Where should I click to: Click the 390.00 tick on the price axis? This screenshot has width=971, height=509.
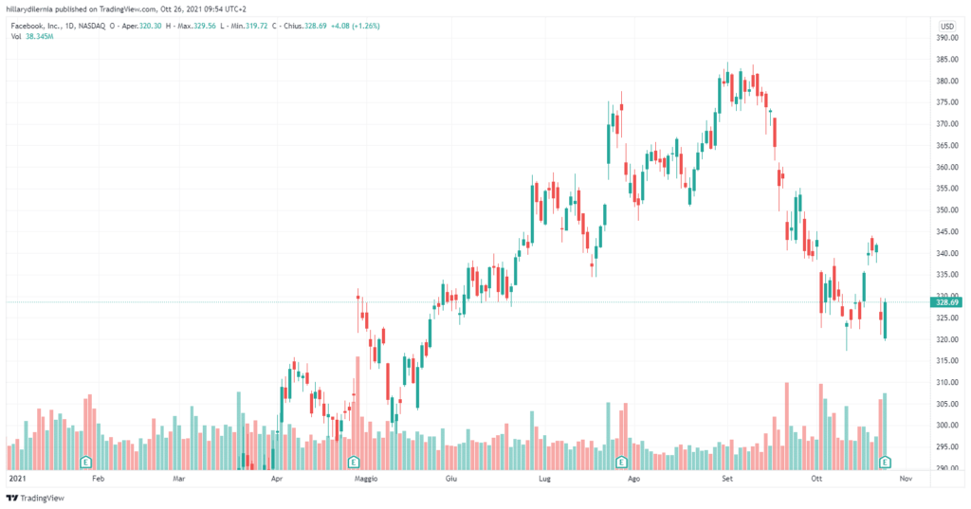point(944,38)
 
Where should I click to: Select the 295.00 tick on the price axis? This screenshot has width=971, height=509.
point(944,447)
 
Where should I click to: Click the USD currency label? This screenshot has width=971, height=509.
point(946,26)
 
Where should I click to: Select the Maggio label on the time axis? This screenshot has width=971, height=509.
point(366,480)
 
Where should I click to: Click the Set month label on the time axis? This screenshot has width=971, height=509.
point(727,480)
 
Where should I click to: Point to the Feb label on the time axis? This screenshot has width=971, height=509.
point(98,480)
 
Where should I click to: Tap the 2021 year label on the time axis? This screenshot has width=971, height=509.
point(17,480)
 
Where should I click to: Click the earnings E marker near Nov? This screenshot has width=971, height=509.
point(886,462)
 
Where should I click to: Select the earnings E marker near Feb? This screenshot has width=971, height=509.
point(86,462)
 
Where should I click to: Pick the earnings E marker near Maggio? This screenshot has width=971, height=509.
point(354,462)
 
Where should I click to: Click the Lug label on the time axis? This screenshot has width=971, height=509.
point(543,480)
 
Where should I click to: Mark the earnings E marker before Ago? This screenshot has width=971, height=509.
point(621,462)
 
